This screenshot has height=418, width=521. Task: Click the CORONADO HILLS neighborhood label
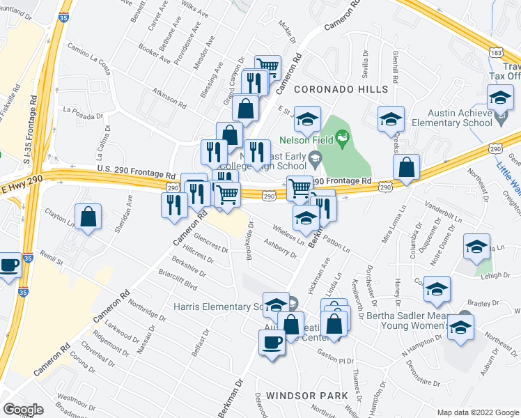tap(341, 90)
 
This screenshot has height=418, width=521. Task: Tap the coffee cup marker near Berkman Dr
tap(271, 342)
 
